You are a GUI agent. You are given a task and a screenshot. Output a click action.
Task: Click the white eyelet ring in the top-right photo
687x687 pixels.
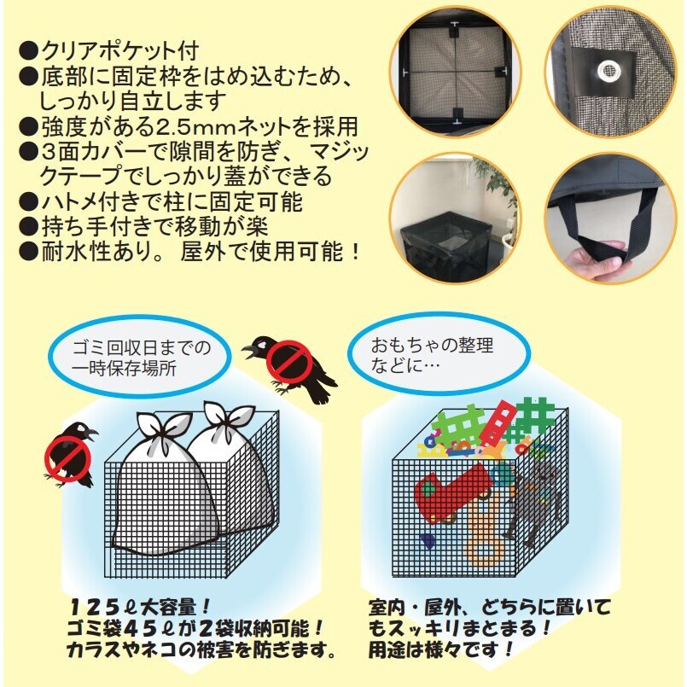pos(608,71)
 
